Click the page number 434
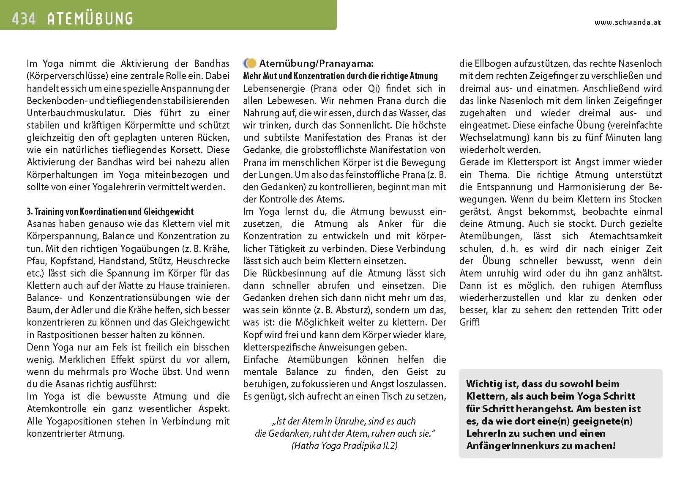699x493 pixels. coord(24,19)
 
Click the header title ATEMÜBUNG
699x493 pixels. coord(90,19)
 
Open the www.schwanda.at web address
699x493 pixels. coord(627,23)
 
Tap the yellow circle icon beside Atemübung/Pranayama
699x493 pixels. coord(251,63)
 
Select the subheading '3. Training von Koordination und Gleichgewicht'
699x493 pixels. coord(110,211)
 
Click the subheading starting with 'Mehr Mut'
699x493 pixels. coord(340,76)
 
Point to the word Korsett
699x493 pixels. coord(191,150)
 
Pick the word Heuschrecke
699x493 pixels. coord(203,261)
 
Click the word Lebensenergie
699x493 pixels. coord(274,88)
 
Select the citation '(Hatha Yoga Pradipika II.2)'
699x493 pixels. coord(344,446)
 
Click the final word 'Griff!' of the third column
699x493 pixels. coord(470,322)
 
